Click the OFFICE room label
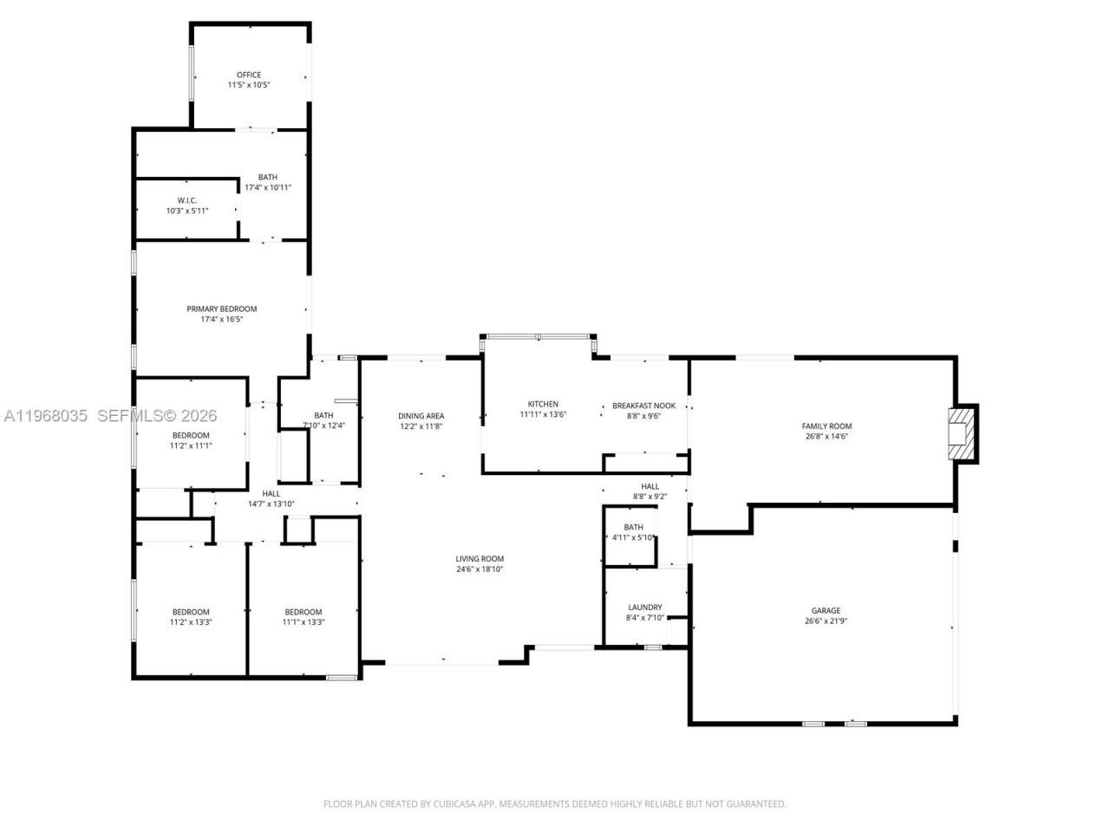click(249, 75)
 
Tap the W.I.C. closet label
click(187, 200)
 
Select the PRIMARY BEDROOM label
click(222, 309)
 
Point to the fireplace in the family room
click(960, 433)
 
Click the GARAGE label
click(826, 611)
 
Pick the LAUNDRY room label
click(644, 608)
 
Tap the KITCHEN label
click(543, 404)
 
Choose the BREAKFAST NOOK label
click(643, 406)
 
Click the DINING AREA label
click(421, 416)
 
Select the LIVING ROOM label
click(480, 559)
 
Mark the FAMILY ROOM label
click(826, 426)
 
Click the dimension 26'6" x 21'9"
click(826, 621)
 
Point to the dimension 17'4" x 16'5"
click(222, 320)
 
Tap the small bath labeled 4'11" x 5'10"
click(633, 532)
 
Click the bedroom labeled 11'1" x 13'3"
click(303, 616)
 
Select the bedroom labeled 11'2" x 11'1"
click(191, 440)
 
